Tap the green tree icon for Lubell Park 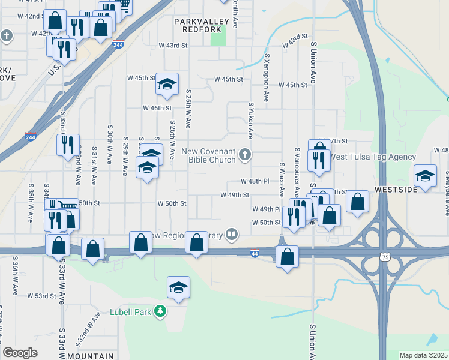point(160,311)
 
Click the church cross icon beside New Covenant point(244,155)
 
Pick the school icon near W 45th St point(167,83)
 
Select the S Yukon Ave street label point(251,120)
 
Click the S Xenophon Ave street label point(267,77)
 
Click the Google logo point(20,353)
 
